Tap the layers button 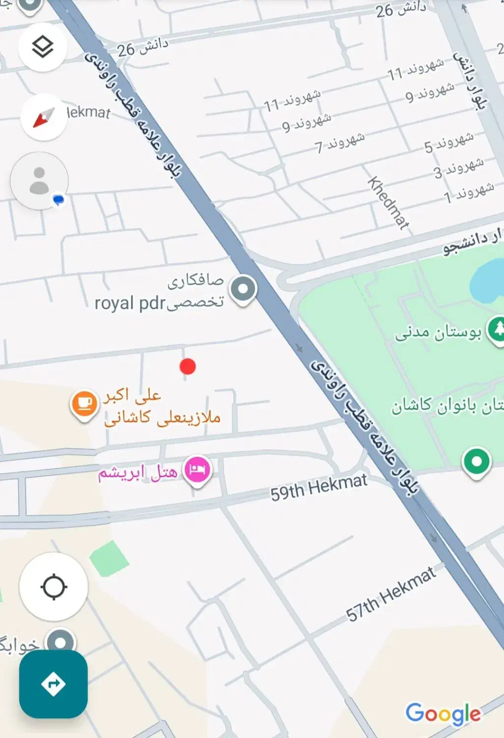click(43, 47)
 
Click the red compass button click(44, 118)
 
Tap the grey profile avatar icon click(39, 181)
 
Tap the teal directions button click(54, 684)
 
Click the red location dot click(188, 366)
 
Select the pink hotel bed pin click(197, 469)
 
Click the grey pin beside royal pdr click(243, 288)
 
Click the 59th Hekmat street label click(318, 487)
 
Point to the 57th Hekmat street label click(391, 594)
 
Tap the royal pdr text click(130, 303)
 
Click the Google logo click(443, 713)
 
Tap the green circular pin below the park click(476, 461)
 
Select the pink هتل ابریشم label click(138, 473)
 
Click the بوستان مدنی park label click(438, 333)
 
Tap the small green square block click(109, 558)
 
